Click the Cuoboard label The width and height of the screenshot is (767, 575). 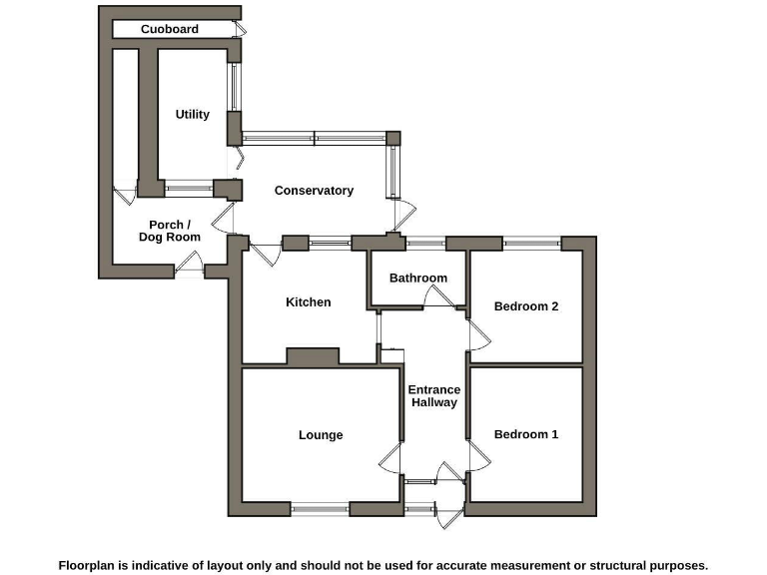pyautogui.click(x=170, y=29)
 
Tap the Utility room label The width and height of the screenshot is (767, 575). pyautogui.click(x=193, y=115)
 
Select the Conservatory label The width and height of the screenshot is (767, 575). pyautogui.click(x=314, y=191)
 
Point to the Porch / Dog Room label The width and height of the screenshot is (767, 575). pyautogui.click(x=169, y=231)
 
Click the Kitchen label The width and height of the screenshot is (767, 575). pyautogui.click(x=309, y=302)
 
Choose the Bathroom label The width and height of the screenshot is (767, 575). pyautogui.click(x=418, y=279)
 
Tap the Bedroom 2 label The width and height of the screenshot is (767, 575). pyautogui.click(x=526, y=306)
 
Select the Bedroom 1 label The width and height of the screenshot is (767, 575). pyautogui.click(x=526, y=434)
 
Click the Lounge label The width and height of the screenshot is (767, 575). pyautogui.click(x=321, y=435)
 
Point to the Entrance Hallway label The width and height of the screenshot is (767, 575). pyautogui.click(x=434, y=396)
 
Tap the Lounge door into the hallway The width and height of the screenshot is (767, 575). pyautogui.click(x=391, y=459)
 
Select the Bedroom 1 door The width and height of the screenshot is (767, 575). pyautogui.click(x=478, y=458)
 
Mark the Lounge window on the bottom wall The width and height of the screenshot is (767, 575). pyautogui.click(x=320, y=509)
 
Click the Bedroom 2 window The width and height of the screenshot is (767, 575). pyautogui.click(x=531, y=243)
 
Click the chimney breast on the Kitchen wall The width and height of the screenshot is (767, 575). pyautogui.click(x=313, y=356)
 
